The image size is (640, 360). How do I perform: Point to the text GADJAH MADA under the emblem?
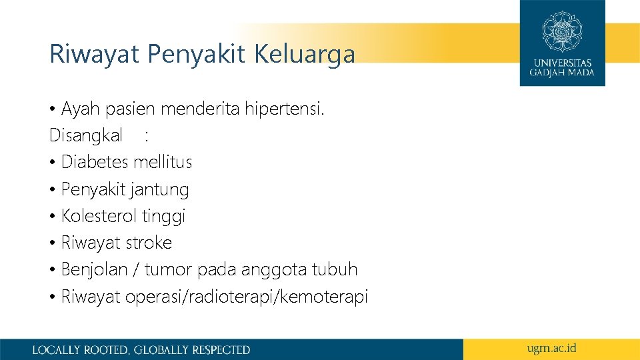(562, 72)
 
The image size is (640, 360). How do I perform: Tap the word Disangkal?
(86, 136)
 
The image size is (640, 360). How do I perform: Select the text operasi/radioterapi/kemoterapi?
(247, 297)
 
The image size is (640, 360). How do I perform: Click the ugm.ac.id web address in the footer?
(551, 348)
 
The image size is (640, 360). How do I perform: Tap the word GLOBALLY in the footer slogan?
(162, 349)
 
